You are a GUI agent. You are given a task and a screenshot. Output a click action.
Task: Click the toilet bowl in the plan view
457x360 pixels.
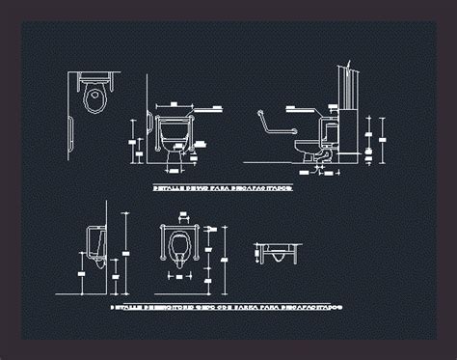click(94, 96)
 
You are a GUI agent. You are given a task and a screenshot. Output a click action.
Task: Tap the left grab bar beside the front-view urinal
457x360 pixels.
click(159, 246)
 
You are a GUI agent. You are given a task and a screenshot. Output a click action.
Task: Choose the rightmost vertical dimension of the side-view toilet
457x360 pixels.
click(384, 135)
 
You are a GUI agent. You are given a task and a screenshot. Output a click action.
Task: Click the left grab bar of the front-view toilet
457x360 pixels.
click(151, 130)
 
